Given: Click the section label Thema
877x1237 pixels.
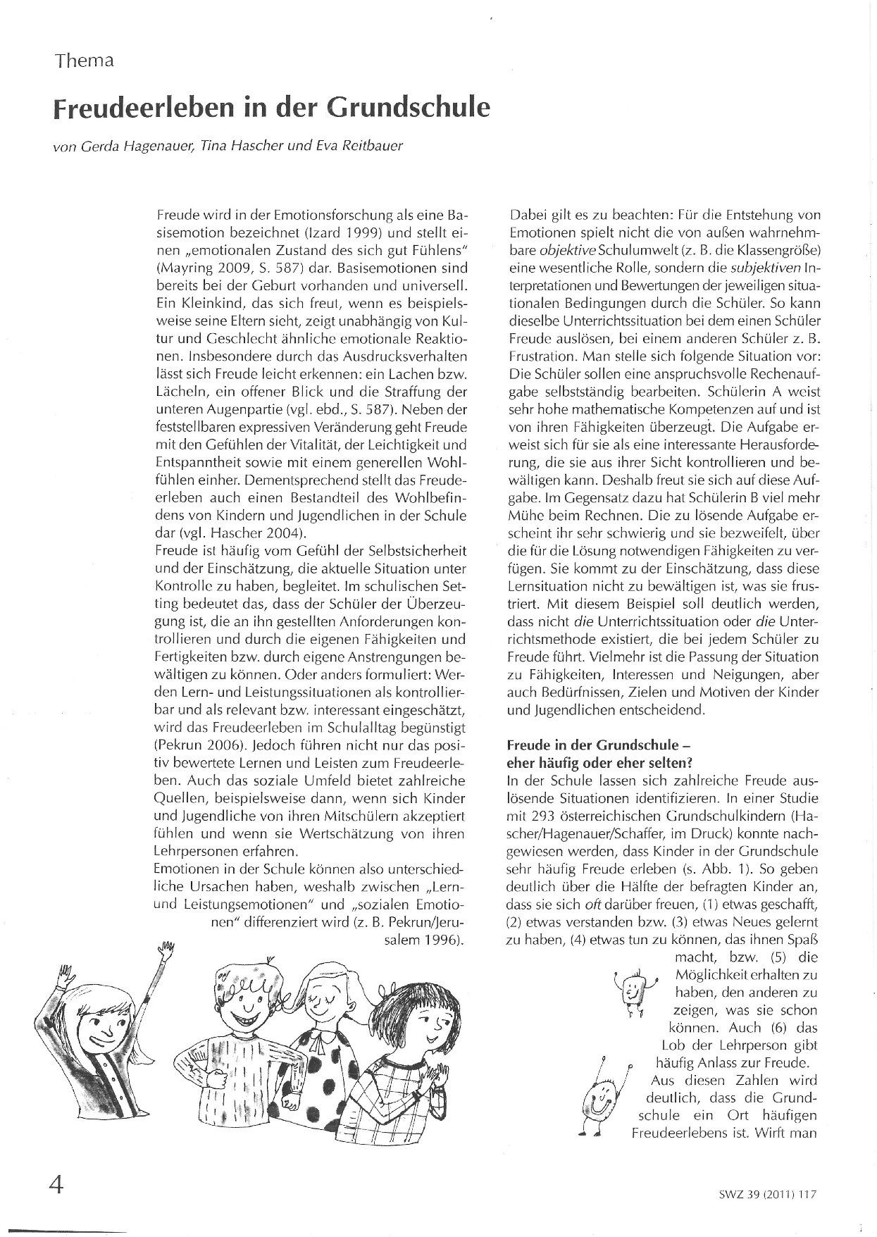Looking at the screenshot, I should coord(85,61).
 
